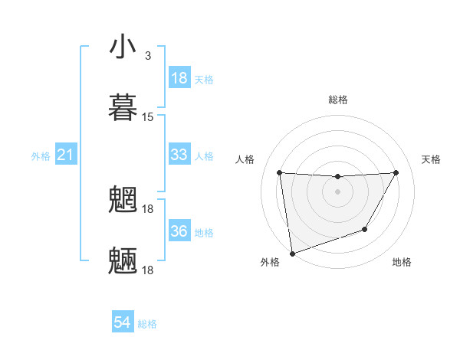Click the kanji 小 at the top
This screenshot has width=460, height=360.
tap(123, 47)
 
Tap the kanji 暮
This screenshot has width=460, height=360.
tap(123, 106)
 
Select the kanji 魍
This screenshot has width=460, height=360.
tap(123, 199)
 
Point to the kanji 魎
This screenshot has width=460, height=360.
tap(123, 260)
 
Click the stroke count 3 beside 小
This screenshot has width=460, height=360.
tap(147, 56)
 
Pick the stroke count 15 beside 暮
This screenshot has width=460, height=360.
tap(148, 117)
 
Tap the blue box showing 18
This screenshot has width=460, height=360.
tap(179, 78)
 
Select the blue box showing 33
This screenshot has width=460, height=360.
tap(179, 155)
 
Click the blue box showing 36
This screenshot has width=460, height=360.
tap(179, 231)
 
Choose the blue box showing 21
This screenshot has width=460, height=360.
tap(66, 155)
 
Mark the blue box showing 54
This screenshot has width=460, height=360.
tap(123, 322)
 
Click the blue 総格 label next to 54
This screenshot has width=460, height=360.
tap(147, 324)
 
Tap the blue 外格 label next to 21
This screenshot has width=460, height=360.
tap(41, 156)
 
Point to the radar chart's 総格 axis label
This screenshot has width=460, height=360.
tap(337, 100)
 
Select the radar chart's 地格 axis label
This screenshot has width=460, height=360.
tap(402, 262)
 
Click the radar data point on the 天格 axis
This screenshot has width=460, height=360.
tap(396, 172)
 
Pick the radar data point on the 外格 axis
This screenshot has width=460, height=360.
tap(292, 253)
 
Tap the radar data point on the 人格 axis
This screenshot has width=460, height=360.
tap(279, 172)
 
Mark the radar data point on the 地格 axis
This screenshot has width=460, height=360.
tap(365, 229)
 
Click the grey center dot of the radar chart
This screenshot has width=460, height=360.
tap(337, 191)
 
